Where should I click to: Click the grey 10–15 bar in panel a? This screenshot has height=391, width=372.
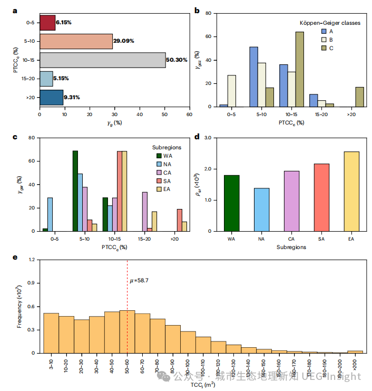pyautogui.click(x=103, y=60)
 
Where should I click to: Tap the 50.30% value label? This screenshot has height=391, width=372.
pyautogui.click(x=177, y=60)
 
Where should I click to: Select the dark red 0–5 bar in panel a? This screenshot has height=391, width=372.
pyautogui.click(x=47, y=23)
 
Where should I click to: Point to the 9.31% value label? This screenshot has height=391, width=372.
pyautogui.click(x=74, y=97)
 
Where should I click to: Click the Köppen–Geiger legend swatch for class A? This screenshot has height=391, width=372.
pyautogui.click(x=325, y=31)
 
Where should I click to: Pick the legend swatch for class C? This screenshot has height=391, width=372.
pyautogui.click(x=325, y=49)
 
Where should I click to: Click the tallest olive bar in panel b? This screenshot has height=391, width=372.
pyautogui.click(x=299, y=69)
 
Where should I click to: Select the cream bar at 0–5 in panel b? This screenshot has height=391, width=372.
pyautogui.click(x=231, y=91)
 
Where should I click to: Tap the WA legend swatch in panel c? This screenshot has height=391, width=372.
pyautogui.click(x=159, y=156)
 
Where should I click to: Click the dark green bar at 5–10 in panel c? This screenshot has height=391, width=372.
pyautogui.click(x=75, y=190)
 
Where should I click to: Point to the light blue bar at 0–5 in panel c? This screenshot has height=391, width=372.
pyautogui.click(x=50, y=214)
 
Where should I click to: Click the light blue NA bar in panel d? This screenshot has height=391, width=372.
pyautogui.click(x=261, y=209)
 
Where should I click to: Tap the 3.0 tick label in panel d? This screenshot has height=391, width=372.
pyautogui.click(x=210, y=138)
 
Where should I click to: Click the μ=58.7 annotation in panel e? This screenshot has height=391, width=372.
pyautogui.click(x=141, y=281)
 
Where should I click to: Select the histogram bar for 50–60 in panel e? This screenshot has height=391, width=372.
pyautogui.click(x=128, y=331)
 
